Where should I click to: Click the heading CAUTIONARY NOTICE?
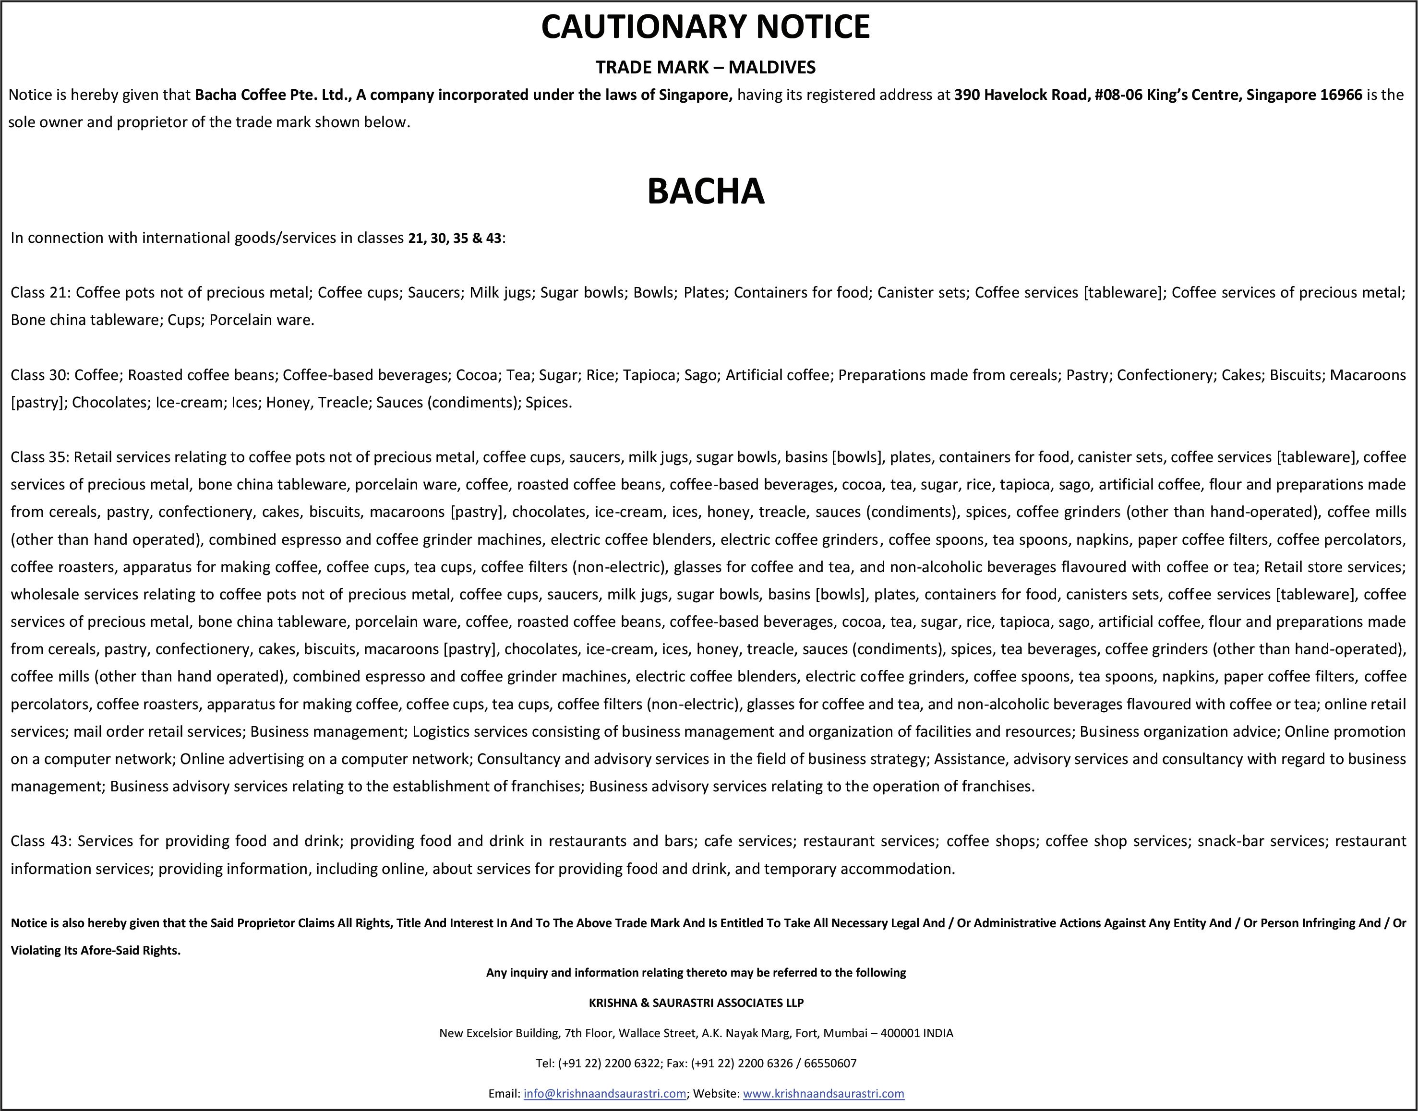(x=705, y=27)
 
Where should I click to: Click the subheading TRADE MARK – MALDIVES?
(x=705, y=67)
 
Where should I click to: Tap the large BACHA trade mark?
(x=706, y=191)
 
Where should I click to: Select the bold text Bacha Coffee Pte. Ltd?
(x=273, y=95)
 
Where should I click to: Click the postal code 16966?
(x=1341, y=95)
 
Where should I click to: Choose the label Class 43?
(x=40, y=841)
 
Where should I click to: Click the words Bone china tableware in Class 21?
(x=84, y=320)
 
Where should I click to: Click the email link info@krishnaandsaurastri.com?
(x=604, y=1093)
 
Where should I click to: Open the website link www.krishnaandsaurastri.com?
(x=823, y=1093)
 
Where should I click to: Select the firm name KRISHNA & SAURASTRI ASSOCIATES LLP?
(x=696, y=1003)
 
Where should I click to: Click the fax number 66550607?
(x=830, y=1063)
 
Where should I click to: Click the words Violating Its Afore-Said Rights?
(x=95, y=950)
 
